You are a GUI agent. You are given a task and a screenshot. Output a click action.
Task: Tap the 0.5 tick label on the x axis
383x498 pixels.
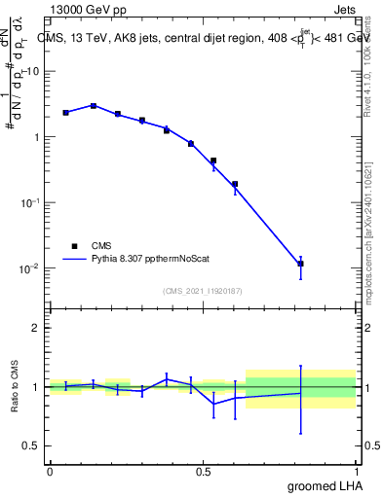coord(203,472)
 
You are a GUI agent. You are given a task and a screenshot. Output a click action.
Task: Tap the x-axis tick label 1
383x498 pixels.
coord(358,472)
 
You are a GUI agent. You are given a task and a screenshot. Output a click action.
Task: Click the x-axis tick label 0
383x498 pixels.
coord(50,472)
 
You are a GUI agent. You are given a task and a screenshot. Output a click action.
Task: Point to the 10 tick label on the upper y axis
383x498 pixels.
coord(32,71)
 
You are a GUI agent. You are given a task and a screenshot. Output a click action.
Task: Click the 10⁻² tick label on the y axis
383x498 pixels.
coord(29,267)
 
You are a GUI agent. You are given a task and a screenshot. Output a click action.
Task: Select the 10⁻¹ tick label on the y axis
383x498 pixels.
coord(29,202)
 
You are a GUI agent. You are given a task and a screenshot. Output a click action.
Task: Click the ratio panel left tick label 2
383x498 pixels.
coord(35,328)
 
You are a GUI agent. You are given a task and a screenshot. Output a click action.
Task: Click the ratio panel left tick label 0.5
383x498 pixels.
coord(30,445)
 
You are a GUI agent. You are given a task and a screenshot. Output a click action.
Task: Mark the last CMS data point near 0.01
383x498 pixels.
coord(301,264)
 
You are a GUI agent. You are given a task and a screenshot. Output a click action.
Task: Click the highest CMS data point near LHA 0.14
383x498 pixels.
coord(94,105)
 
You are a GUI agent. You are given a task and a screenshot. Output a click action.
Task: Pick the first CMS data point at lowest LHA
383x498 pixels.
coord(65,113)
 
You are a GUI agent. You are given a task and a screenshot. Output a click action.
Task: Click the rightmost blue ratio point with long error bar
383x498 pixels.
coord(301,393)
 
